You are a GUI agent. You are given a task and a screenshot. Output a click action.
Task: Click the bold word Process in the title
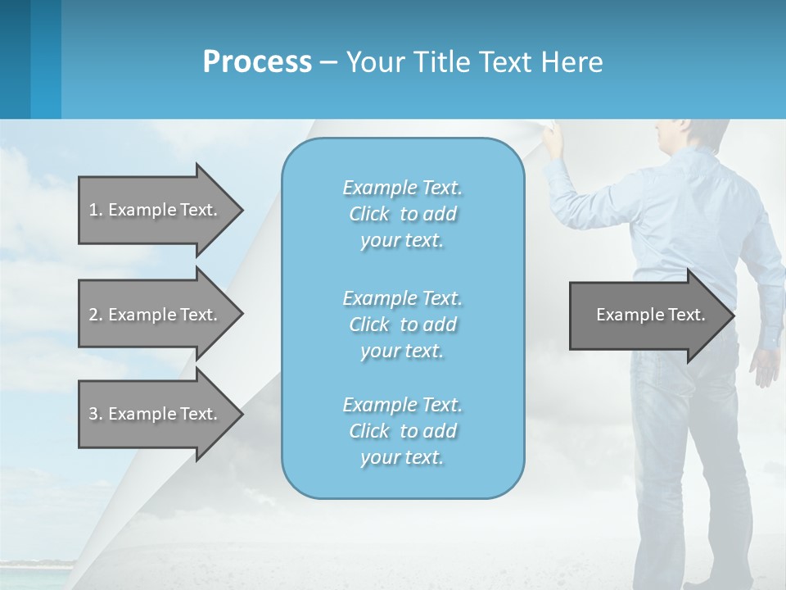click(x=257, y=62)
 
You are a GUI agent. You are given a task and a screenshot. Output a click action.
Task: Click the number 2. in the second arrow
click(x=96, y=315)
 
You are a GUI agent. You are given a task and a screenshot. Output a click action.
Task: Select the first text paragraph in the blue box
click(x=402, y=214)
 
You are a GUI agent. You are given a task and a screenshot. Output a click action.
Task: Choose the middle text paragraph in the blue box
click(x=402, y=324)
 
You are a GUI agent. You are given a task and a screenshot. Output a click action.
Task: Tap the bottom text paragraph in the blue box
click(x=402, y=431)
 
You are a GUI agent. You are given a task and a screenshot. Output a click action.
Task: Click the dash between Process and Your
click(x=328, y=62)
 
